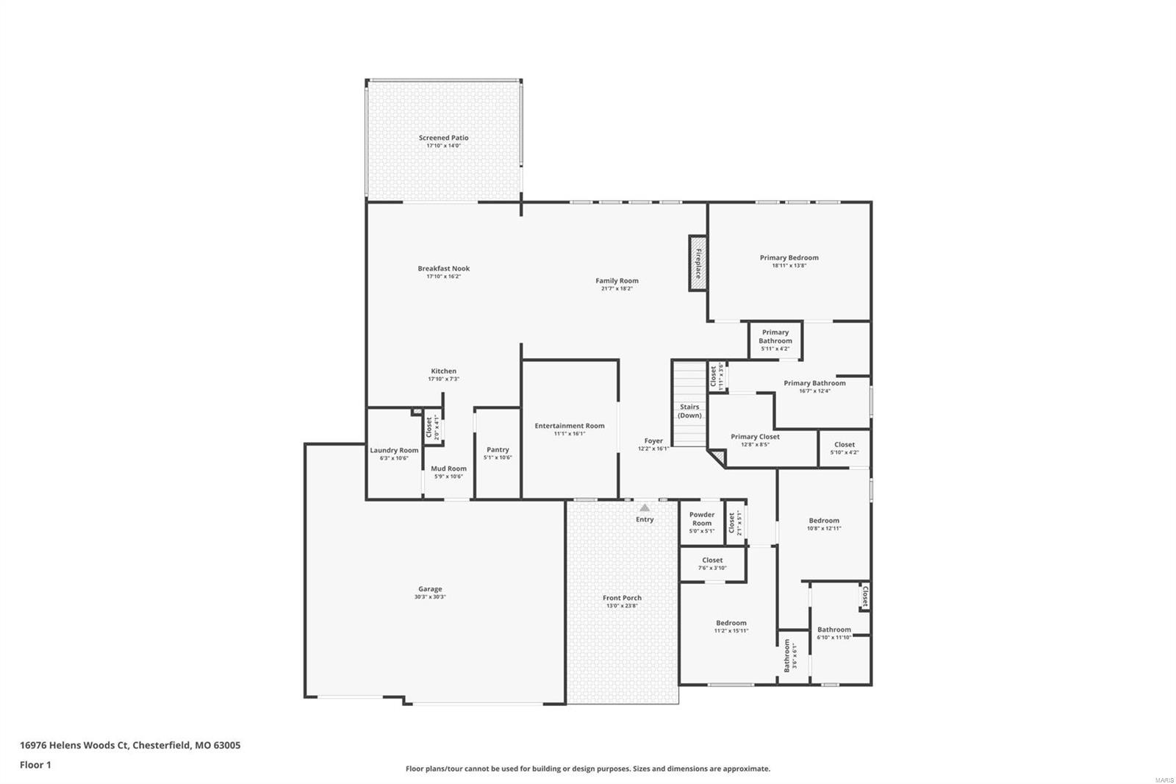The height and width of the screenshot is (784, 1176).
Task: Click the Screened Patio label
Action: coord(443,138)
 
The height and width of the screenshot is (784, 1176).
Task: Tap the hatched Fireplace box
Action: coord(698,263)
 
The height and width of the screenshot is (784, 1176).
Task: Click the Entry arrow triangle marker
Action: coord(645,507)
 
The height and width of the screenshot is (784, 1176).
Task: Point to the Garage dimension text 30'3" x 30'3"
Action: coord(430,597)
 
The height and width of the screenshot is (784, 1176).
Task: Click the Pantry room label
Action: coord(498,449)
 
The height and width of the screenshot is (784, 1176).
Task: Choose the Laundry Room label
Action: coord(394,450)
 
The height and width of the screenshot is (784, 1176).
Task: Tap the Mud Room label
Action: coord(448,468)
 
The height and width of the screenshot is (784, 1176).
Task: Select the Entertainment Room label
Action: coord(570,426)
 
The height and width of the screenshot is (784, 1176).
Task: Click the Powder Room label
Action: coord(702,518)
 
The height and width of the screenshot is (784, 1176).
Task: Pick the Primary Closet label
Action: coord(755,437)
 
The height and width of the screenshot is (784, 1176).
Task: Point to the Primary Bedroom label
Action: coord(789,257)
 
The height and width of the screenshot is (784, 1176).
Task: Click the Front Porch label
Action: coord(622,598)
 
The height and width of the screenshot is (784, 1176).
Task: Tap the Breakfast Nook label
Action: coord(443,268)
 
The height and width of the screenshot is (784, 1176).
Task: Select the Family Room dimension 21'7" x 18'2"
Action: coord(617,289)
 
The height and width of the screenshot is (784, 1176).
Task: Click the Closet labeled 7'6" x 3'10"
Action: coord(712,563)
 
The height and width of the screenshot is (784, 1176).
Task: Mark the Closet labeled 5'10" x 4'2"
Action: coord(844,448)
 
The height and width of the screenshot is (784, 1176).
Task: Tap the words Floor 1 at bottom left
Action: coord(35,765)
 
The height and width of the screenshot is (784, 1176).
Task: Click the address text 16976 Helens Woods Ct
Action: coord(73,745)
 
